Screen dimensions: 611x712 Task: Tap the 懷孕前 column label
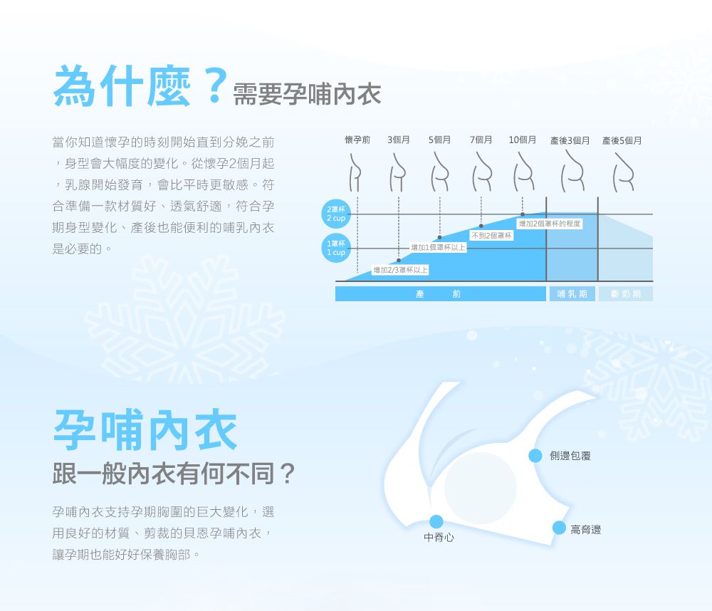point(357,140)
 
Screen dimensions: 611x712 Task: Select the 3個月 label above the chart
point(399,140)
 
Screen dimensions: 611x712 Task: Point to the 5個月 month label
point(439,140)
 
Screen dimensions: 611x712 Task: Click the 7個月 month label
point(481,140)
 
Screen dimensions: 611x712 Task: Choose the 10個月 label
point(522,140)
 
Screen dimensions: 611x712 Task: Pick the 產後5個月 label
point(622,141)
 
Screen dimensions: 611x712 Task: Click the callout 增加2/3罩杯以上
point(400,270)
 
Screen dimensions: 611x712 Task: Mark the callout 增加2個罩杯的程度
point(550,224)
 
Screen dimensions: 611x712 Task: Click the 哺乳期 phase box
point(572,294)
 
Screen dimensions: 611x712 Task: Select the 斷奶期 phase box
point(625,294)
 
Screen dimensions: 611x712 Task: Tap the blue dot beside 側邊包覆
point(536,456)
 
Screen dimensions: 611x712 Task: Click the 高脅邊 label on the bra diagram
point(585,530)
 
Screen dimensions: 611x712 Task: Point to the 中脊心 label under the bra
point(439,538)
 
